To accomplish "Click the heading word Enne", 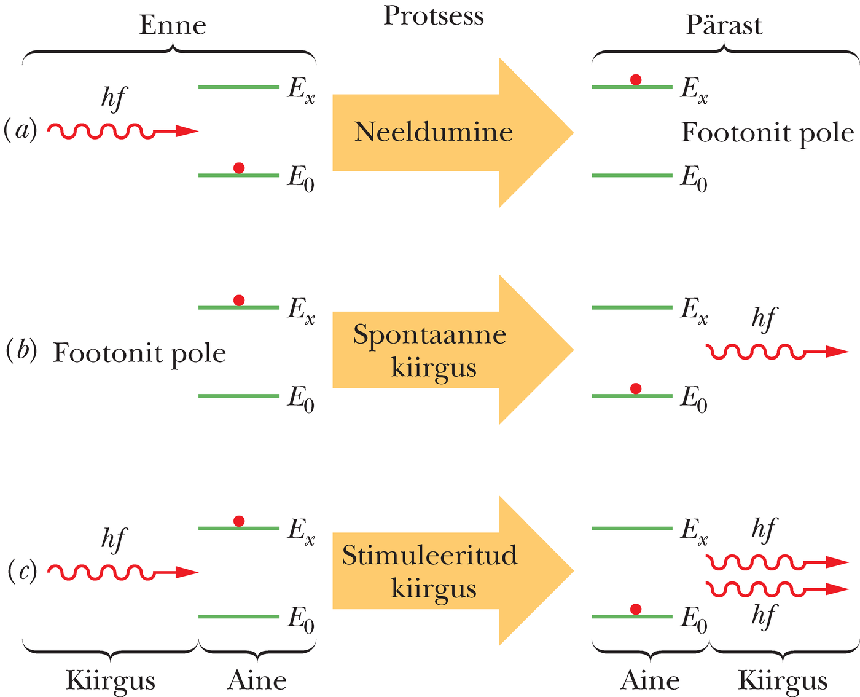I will (x=173, y=26).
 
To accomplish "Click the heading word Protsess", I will (x=434, y=16).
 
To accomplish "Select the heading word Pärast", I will (x=724, y=26).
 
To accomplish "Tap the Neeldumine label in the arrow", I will (x=434, y=132).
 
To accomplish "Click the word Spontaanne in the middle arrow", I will (x=429, y=335).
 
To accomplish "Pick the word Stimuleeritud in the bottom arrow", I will (x=429, y=555).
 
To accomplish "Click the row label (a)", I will (x=20, y=130).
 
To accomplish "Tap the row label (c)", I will (x=20, y=571).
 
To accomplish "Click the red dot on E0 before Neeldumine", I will (x=240, y=168).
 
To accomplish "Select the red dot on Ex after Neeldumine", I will (x=636, y=80).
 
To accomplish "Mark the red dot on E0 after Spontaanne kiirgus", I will (x=636, y=388).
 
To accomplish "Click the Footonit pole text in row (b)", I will (x=139, y=353).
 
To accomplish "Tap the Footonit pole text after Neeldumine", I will (x=768, y=133).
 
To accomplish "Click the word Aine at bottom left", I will (x=257, y=680).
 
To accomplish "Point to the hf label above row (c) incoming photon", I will (x=114, y=539).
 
